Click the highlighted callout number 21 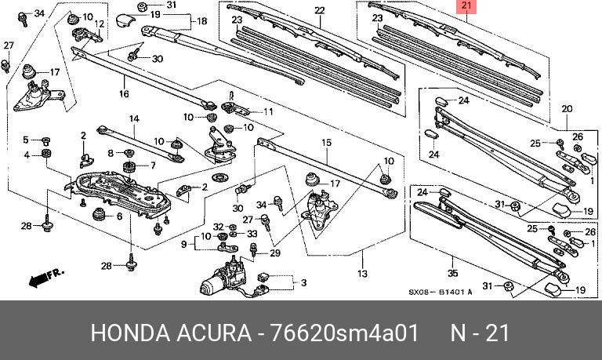click(467, 7)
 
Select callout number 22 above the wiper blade click(319, 10)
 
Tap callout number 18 click(202, 21)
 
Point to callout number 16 click(123, 93)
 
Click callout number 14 click(134, 118)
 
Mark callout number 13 click(361, 275)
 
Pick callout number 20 click(567, 108)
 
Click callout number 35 click(451, 274)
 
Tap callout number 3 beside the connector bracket click(303, 282)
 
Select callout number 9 click(184, 244)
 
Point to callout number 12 click(100, 25)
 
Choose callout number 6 click(120, 216)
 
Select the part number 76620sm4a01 click(344, 333)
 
